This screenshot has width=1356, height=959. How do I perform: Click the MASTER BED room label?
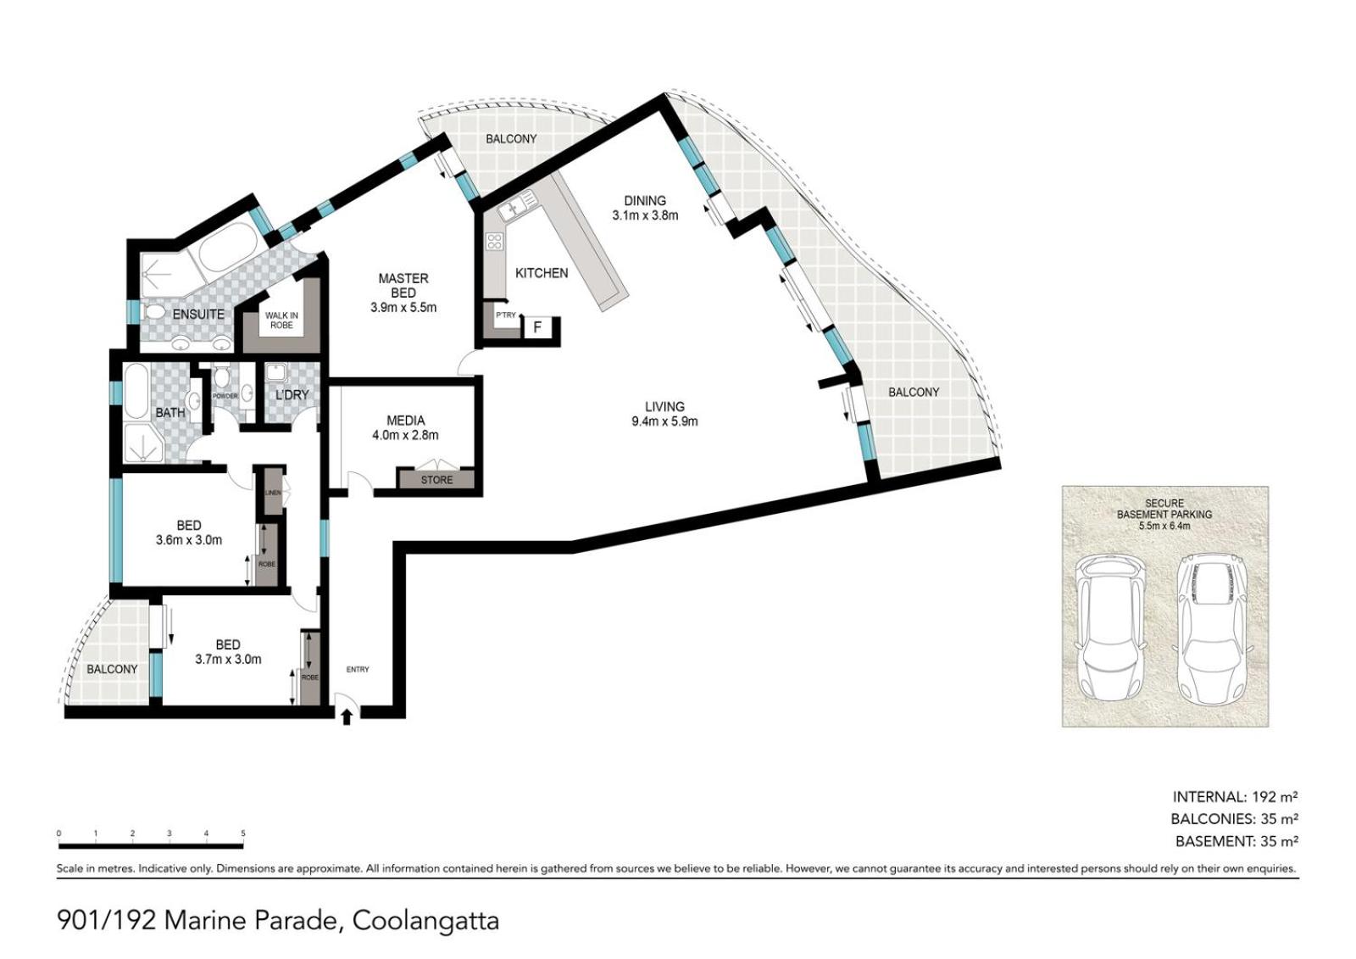click(403, 286)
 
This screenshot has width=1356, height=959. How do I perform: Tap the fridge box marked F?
click(537, 328)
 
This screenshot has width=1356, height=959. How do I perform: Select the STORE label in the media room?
click(436, 480)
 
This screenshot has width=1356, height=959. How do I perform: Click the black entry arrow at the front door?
click(347, 717)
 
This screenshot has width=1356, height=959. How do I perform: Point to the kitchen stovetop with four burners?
click(495, 242)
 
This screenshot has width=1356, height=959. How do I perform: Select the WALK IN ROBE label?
click(281, 321)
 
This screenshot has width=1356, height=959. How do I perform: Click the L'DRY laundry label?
click(292, 395)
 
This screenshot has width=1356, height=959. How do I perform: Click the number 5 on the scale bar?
click(243, 833)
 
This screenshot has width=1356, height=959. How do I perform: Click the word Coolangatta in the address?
click(425, 921)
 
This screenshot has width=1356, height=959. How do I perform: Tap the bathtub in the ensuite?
click(225, 248)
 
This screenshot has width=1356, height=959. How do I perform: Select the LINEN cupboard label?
click(273, 493)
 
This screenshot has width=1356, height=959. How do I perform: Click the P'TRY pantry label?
click(506, 315)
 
